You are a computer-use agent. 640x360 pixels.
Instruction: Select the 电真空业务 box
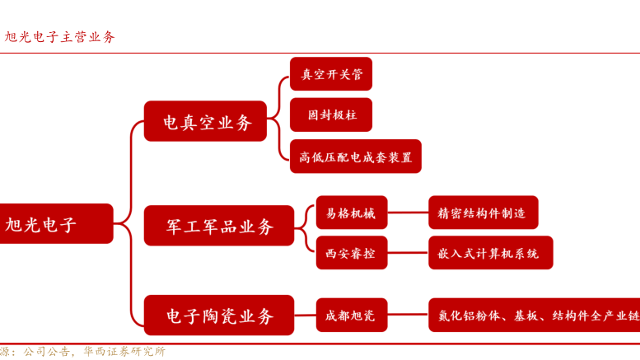point(205,122)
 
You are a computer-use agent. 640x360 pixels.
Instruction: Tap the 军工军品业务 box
point(218,226)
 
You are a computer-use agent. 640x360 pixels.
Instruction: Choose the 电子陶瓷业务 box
point(218,315)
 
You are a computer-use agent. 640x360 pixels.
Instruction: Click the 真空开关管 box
point(331,73)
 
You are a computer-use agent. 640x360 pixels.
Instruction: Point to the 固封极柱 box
point(331,115)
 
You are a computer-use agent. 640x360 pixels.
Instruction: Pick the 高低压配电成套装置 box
point(355,157)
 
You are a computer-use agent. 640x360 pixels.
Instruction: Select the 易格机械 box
point(351,213)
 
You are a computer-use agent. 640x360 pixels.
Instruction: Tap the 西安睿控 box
point(351,253)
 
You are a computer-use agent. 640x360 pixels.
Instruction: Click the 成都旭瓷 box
point(351,315)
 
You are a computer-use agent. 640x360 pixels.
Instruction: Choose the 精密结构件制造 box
point(483,213)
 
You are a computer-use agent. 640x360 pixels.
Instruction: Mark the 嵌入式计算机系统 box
point(490,253)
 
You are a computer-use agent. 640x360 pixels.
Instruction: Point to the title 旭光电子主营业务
point(59,37)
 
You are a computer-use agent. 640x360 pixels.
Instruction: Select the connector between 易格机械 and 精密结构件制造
point(408,213)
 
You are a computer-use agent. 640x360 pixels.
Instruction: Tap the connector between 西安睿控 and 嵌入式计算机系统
point(408,253)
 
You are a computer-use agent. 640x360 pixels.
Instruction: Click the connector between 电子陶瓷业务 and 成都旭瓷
point(305,315)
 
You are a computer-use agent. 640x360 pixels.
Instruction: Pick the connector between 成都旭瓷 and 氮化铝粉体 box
point(408,315)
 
